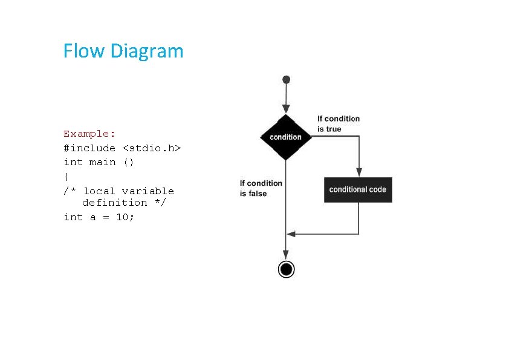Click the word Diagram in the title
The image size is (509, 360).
(x=146, y=51)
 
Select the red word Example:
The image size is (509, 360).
(x=89, y=134)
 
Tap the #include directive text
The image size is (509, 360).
(x=89, y=148)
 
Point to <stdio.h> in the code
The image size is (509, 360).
(x=152, y=148)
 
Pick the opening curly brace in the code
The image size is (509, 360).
(x=66, y=177)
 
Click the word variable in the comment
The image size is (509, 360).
(x=148, y=191)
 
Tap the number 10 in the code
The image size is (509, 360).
(x=122, y=217)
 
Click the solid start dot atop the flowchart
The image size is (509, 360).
(x=286, y=79)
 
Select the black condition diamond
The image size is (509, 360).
(x=285, y=137)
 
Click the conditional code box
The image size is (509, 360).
(x=358, y=190)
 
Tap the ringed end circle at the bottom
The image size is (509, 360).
(x=286, y=269)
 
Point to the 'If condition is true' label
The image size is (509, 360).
(x=338, y=124)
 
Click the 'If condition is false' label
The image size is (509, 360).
(x=261, y=188)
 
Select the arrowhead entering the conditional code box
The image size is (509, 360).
(x=359, y=172)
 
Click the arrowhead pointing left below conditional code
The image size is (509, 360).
(x=291, y=234)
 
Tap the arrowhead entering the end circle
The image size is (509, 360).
(x=286, y=256)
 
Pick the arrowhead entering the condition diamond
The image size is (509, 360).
(x=286, y=110)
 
